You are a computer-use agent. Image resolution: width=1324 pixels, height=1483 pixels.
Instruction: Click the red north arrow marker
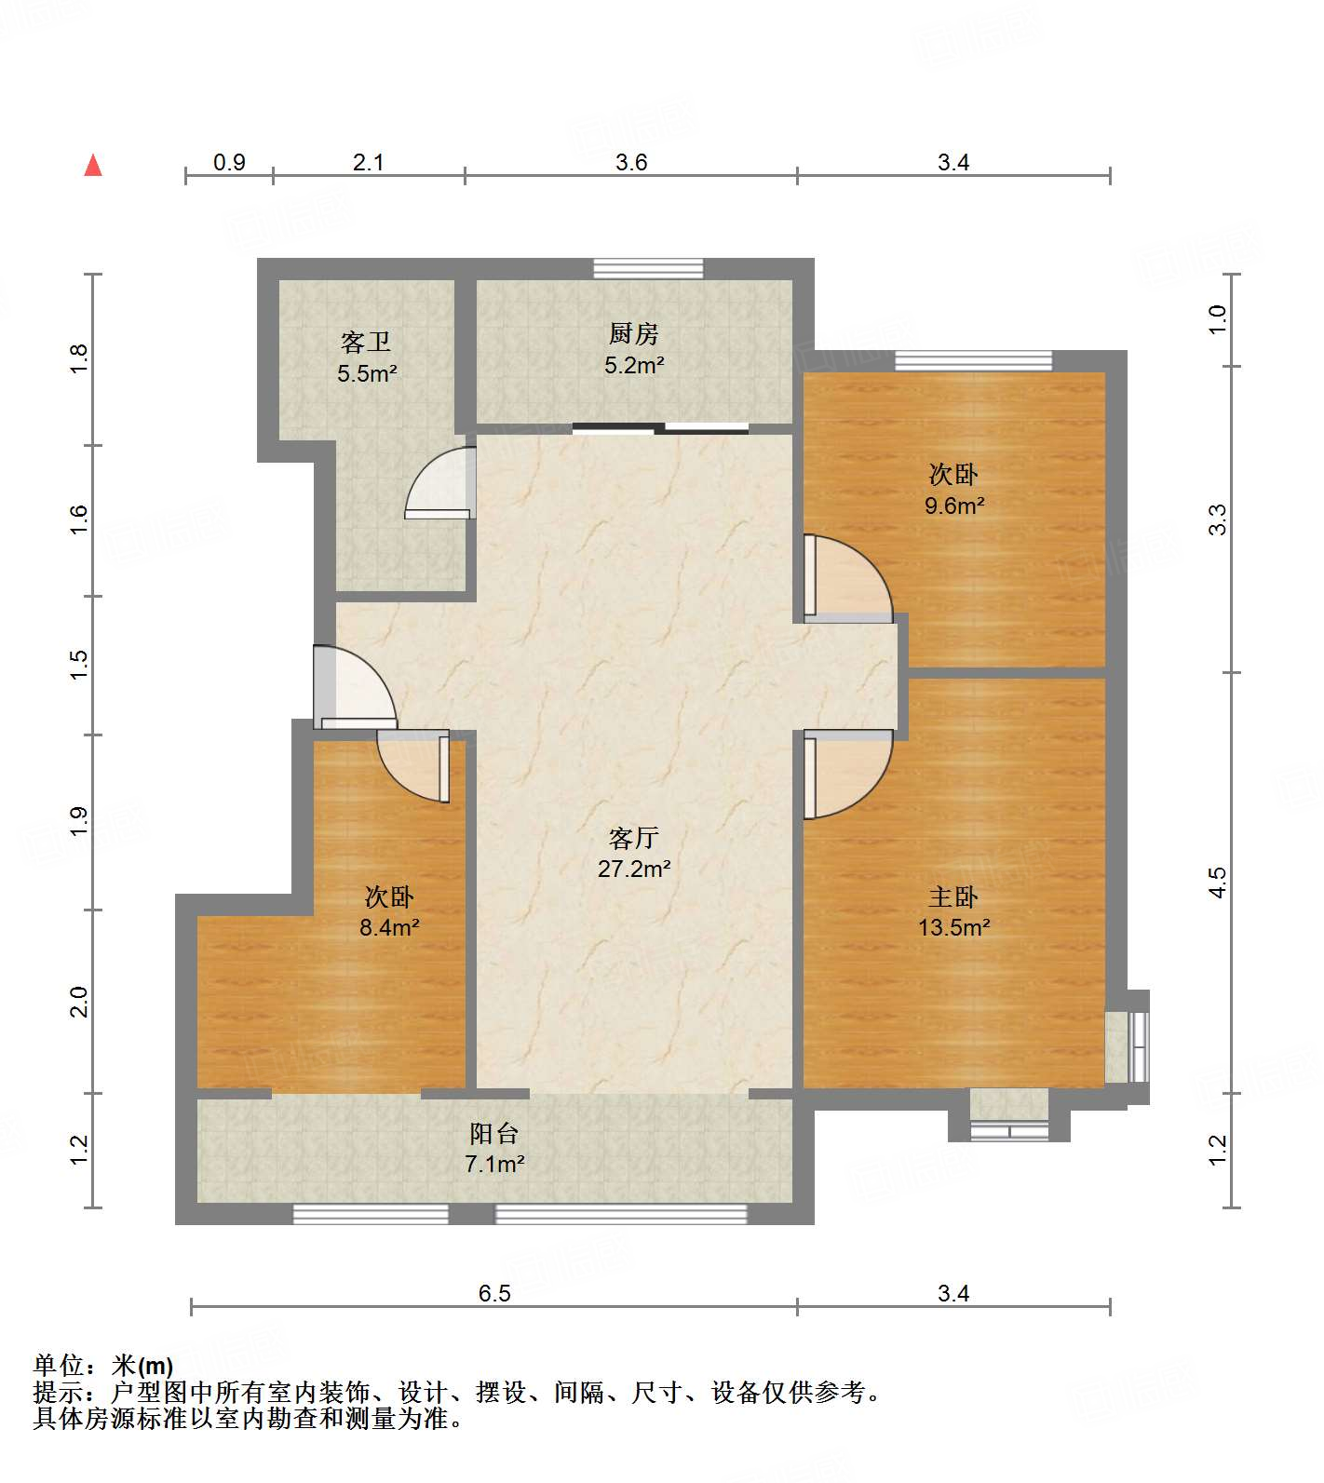tap(93, 165)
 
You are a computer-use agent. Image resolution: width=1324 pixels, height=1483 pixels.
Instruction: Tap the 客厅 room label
tap(633, 839)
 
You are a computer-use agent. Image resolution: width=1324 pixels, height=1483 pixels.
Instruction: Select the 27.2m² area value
tap(634, 869)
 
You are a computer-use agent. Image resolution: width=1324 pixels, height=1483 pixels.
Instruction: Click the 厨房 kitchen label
tap(633, 333)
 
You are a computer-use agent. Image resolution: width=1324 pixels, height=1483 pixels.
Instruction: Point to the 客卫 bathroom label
tap(366, 343)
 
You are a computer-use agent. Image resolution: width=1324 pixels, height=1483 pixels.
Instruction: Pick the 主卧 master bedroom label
tap(953, 897)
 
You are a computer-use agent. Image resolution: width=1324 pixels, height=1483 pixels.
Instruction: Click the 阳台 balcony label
tap(493, 1134)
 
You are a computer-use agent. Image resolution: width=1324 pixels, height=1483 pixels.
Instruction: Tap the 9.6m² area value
tap(954, 506)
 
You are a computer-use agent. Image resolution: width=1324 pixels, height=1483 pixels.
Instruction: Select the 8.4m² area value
tap(389, 927)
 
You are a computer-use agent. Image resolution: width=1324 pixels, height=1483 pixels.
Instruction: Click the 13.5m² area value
tap(953, 927)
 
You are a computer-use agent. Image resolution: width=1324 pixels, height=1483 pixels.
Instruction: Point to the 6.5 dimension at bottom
tap(494, 1293)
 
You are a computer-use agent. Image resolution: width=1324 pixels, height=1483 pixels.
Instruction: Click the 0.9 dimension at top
tap(229, 163)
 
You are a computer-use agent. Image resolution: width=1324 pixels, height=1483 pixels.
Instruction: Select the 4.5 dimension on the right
tap(1218, 883)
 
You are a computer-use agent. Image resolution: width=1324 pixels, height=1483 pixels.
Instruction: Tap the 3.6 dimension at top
tap(631, 163)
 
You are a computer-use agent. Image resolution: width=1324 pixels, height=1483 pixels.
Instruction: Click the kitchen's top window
tap(648, 269)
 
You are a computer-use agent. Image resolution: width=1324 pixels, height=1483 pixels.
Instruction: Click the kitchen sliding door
tap(660, 429)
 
